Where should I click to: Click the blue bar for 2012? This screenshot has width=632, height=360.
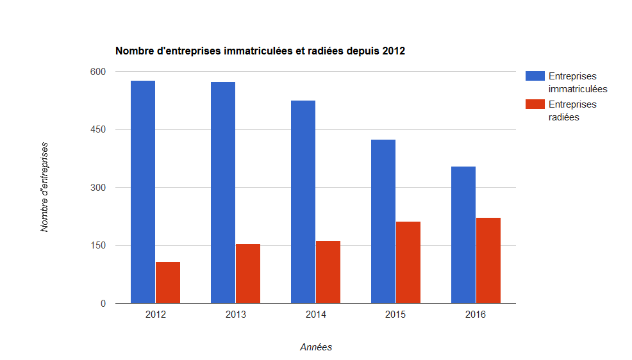click(x=143, y=192)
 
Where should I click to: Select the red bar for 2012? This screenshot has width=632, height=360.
click(x=168, y=282)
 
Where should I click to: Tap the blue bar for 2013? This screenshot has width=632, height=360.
click(x=223, y=192)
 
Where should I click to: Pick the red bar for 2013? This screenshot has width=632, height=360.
click(x=248, y=274)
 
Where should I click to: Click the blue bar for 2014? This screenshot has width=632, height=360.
click(x=303, y=202)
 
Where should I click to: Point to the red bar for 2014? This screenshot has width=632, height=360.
click(x=328, y=272)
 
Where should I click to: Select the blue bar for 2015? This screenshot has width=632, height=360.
click(x=383, y=222)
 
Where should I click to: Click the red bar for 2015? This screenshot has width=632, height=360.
click(x=408, y=263)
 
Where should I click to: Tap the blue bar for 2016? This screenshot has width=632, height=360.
click(x=463, y=234)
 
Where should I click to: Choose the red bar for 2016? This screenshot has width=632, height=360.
click(x=488, y=261)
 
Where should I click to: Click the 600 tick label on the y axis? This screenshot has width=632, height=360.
click(x=98, y=72)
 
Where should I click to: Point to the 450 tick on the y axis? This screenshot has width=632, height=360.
click(x=98, y=129)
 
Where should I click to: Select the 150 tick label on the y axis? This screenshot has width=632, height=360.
click(x=98, y=245)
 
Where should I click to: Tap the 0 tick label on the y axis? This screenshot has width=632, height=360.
click(x=103, y=304)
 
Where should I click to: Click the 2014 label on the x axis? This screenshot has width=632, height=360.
click(x=315, y=315)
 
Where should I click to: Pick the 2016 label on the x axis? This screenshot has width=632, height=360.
click(x=476, y=315)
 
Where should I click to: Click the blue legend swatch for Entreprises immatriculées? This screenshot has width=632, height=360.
click(x=535, y=76)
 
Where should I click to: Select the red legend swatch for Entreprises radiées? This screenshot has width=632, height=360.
click(x=535, y=104)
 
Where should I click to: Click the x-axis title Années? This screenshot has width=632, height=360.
click(x=316, y=347)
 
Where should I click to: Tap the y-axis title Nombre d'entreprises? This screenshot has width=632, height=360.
click(x=44, y=187)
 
